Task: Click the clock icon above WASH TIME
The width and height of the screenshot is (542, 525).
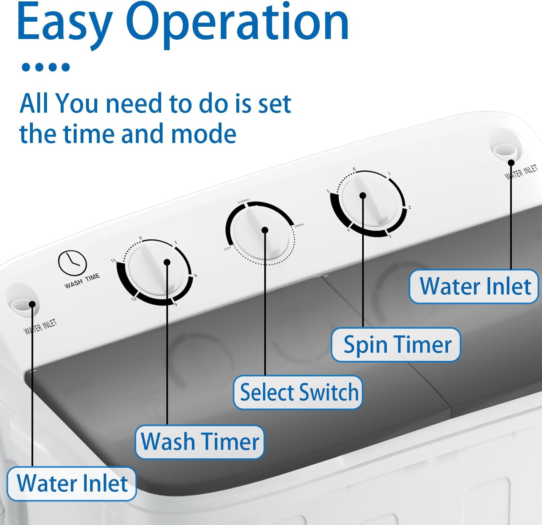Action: (72, 262)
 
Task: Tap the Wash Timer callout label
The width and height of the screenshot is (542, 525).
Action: (200, 442)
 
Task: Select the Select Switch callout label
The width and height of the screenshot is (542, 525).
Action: (298, 392)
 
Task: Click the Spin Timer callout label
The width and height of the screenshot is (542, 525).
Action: (396, 344)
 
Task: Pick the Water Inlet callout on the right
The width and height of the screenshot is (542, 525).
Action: (474, 287)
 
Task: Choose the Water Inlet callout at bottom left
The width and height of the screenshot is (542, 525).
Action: (72, 483)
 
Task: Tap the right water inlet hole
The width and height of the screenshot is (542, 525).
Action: (506, 150)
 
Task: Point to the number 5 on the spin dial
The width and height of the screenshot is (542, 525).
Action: (328, 191)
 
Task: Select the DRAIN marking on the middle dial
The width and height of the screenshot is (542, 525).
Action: (299, 225)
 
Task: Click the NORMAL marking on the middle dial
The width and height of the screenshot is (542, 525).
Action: (244, 201)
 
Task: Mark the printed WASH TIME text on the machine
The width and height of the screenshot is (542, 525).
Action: (82, 281)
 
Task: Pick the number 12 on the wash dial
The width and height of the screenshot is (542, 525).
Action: (134, 299)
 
